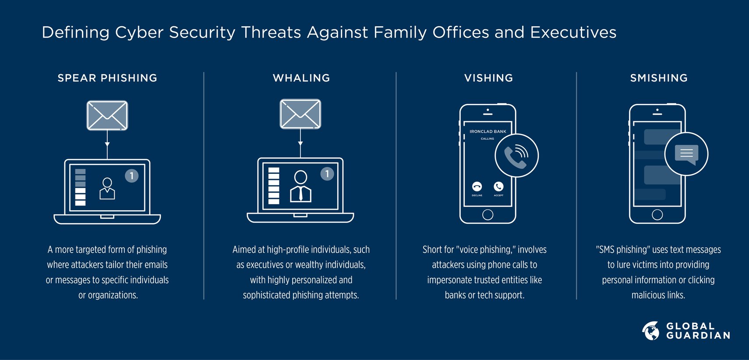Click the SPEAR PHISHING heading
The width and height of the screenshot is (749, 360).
tap(107, 78)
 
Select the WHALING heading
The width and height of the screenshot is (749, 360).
tap(301, 78)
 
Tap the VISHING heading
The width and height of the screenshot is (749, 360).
tap(488, 78)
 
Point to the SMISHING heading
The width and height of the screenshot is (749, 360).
tap(659, 78)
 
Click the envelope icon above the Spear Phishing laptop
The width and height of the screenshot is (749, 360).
tap(107, 116)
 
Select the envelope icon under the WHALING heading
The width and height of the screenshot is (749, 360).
tap(300, 114)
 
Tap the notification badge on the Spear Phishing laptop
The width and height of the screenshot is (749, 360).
tap(131, 176)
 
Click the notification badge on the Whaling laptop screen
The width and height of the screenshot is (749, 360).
tap(327, 174)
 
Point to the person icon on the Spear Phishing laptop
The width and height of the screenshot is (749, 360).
tap(107, 188)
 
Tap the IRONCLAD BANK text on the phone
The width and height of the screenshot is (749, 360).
tap(488, 131)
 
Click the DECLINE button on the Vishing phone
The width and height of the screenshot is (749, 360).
tap(477, 187)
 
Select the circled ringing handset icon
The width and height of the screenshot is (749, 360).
tap(516, 155)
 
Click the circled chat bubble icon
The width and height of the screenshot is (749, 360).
tap(686, 154)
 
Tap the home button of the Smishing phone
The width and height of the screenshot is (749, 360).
tap(657, 215)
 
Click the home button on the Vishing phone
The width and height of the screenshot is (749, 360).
tap(488, 215)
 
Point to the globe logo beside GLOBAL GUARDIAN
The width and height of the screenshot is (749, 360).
tap(651, 331)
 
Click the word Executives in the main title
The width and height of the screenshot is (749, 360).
tap(573, 32)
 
